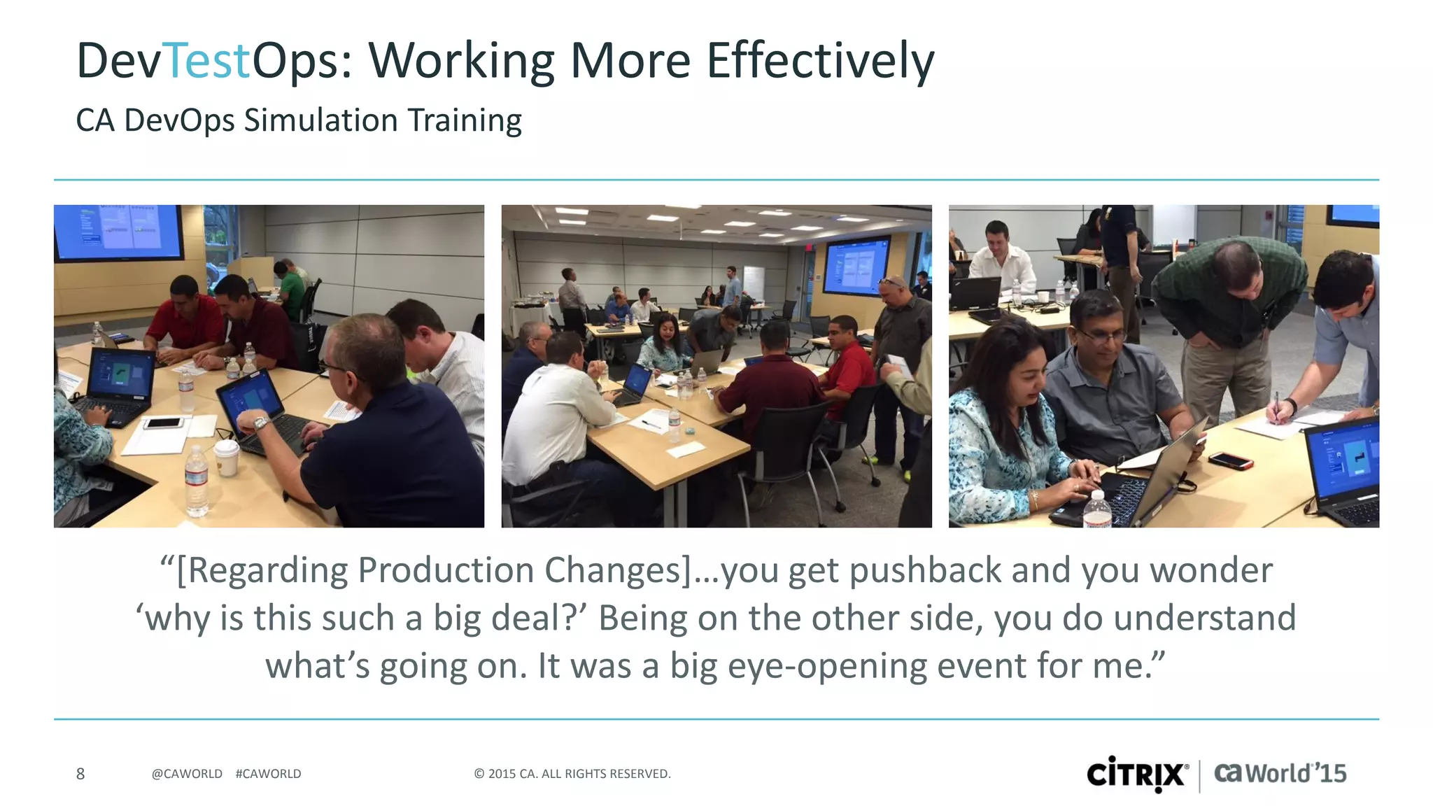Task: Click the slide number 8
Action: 80,773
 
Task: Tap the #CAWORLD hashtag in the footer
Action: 268,773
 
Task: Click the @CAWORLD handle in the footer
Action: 187,773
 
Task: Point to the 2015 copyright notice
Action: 572,773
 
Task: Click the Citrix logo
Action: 1137,774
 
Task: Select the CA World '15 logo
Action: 1280,773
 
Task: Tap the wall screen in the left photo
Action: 118,230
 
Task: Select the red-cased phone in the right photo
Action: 1229,460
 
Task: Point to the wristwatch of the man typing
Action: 260,423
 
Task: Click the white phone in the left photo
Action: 164,423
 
